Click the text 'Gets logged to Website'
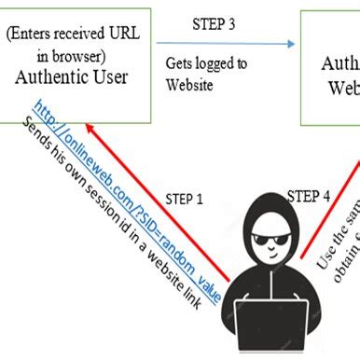tap(205, 75)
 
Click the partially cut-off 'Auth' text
tap(339, 64)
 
